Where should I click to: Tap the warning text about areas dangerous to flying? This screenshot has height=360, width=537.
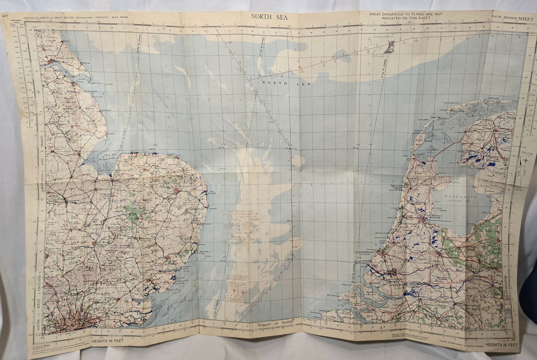(x=406, y=16)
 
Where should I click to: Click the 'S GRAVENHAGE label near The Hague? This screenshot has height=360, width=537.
(x=370, y=252)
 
